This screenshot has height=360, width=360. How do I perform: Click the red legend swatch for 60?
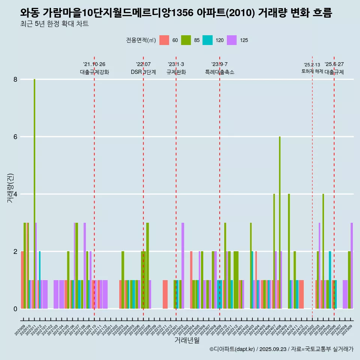click(164, 40)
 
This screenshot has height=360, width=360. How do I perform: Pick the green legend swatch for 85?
click(186, 40)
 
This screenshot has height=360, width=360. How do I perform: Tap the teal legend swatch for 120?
click(207, 40)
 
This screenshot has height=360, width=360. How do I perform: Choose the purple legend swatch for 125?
click(232, 40)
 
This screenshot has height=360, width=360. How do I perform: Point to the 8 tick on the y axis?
click(15, 79)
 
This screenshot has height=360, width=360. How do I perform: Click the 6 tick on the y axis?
click(15, 137)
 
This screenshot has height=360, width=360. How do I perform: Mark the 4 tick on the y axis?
click(15, 194)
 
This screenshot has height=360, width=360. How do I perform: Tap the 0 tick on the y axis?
click(15, 309)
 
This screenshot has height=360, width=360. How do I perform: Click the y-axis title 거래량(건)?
click(10, 188)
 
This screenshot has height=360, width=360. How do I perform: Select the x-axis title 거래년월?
click(187, 340)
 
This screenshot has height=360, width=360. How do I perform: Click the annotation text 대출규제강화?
click(94, 72)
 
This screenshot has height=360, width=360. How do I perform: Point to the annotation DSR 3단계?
click(143, 72)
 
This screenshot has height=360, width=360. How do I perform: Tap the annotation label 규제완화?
click(176, 72)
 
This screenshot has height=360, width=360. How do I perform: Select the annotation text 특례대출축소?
click(220, 72)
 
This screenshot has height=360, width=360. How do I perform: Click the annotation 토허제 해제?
click(312, 71)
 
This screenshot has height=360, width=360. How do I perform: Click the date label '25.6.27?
click(334, 64)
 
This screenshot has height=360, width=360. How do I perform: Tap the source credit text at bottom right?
click(281, 349)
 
